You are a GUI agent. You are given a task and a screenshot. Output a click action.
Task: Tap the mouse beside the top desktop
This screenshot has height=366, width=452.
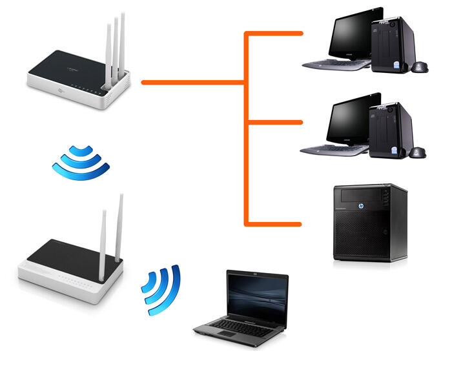point(420,66)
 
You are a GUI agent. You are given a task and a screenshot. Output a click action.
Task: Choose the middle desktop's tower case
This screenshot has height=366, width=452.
point(389,129)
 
